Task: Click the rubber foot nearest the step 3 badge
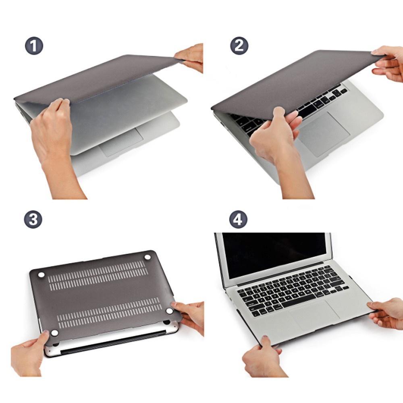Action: (x=41, y=274)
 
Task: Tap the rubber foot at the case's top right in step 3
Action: (x=147, y=257)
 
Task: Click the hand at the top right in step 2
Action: (x=389, y=62)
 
